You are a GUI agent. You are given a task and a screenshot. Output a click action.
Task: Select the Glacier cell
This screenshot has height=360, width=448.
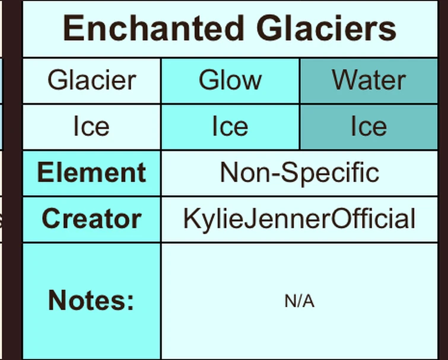pyautogui.click(x=92, y=80)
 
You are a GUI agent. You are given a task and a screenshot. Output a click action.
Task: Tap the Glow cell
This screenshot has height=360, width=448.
pyautogui.click(x=230, y=80)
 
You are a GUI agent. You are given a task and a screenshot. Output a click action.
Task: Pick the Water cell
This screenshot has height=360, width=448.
pyautogui.click(x=368, y=80)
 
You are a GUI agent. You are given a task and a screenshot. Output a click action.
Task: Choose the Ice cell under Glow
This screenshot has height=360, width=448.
pyautogui.click(x=230, y=126)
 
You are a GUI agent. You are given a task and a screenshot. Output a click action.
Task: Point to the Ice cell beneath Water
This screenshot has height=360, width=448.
pyautogui.click(x=368, y=126)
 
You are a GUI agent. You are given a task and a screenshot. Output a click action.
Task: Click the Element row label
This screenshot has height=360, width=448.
pyautogui.click(x=91, y=173)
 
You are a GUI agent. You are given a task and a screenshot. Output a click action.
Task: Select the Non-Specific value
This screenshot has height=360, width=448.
pyautogui.click(x=299, y=173)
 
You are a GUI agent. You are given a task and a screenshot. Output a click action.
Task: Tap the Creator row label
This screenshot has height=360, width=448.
pyautogui.click(x=91, y=219)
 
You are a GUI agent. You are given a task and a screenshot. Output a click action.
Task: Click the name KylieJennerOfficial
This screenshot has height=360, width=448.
pyautogui.click(x=299, y=219)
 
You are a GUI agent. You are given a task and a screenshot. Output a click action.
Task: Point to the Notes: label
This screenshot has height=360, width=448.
pyautogui.click(x=91, y=300)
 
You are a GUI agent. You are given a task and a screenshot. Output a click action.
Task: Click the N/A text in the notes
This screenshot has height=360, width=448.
pyautogui.click(x=299, y=301)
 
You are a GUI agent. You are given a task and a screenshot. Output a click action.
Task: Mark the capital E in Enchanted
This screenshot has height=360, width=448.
pyautogui.click(x=73, y=28)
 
